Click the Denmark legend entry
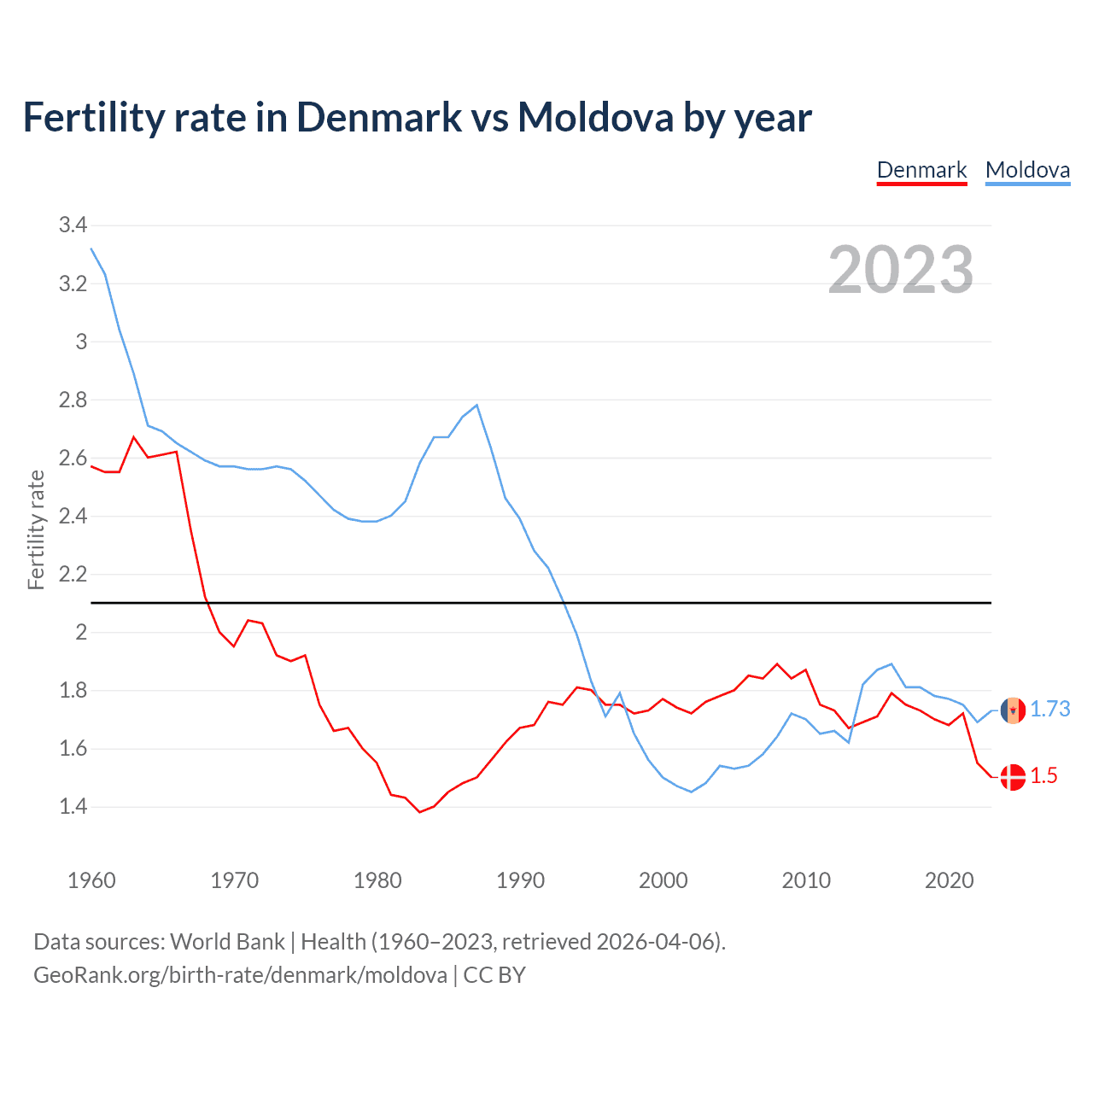pos(921,170)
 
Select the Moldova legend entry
pos(1027,170)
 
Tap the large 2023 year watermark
pos(901,270)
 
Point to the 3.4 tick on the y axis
pos(73,225)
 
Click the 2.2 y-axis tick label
pos(73,574)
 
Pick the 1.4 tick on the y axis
pos(73,806)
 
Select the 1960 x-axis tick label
pos(91,880)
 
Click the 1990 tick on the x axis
pos(520,880)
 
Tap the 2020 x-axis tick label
pos(949,880)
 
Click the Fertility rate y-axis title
pos(36,529)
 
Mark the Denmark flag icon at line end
pos(1013,776)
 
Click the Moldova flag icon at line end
pos(1013,710)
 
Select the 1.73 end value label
pos(1049,709)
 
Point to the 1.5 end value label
pos(1043,775)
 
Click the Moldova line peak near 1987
pos(476,406)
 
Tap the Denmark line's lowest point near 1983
pos(419,811)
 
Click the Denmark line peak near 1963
pos(134,437)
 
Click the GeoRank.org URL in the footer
pos(240,975)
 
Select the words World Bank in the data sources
pos(227,942)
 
